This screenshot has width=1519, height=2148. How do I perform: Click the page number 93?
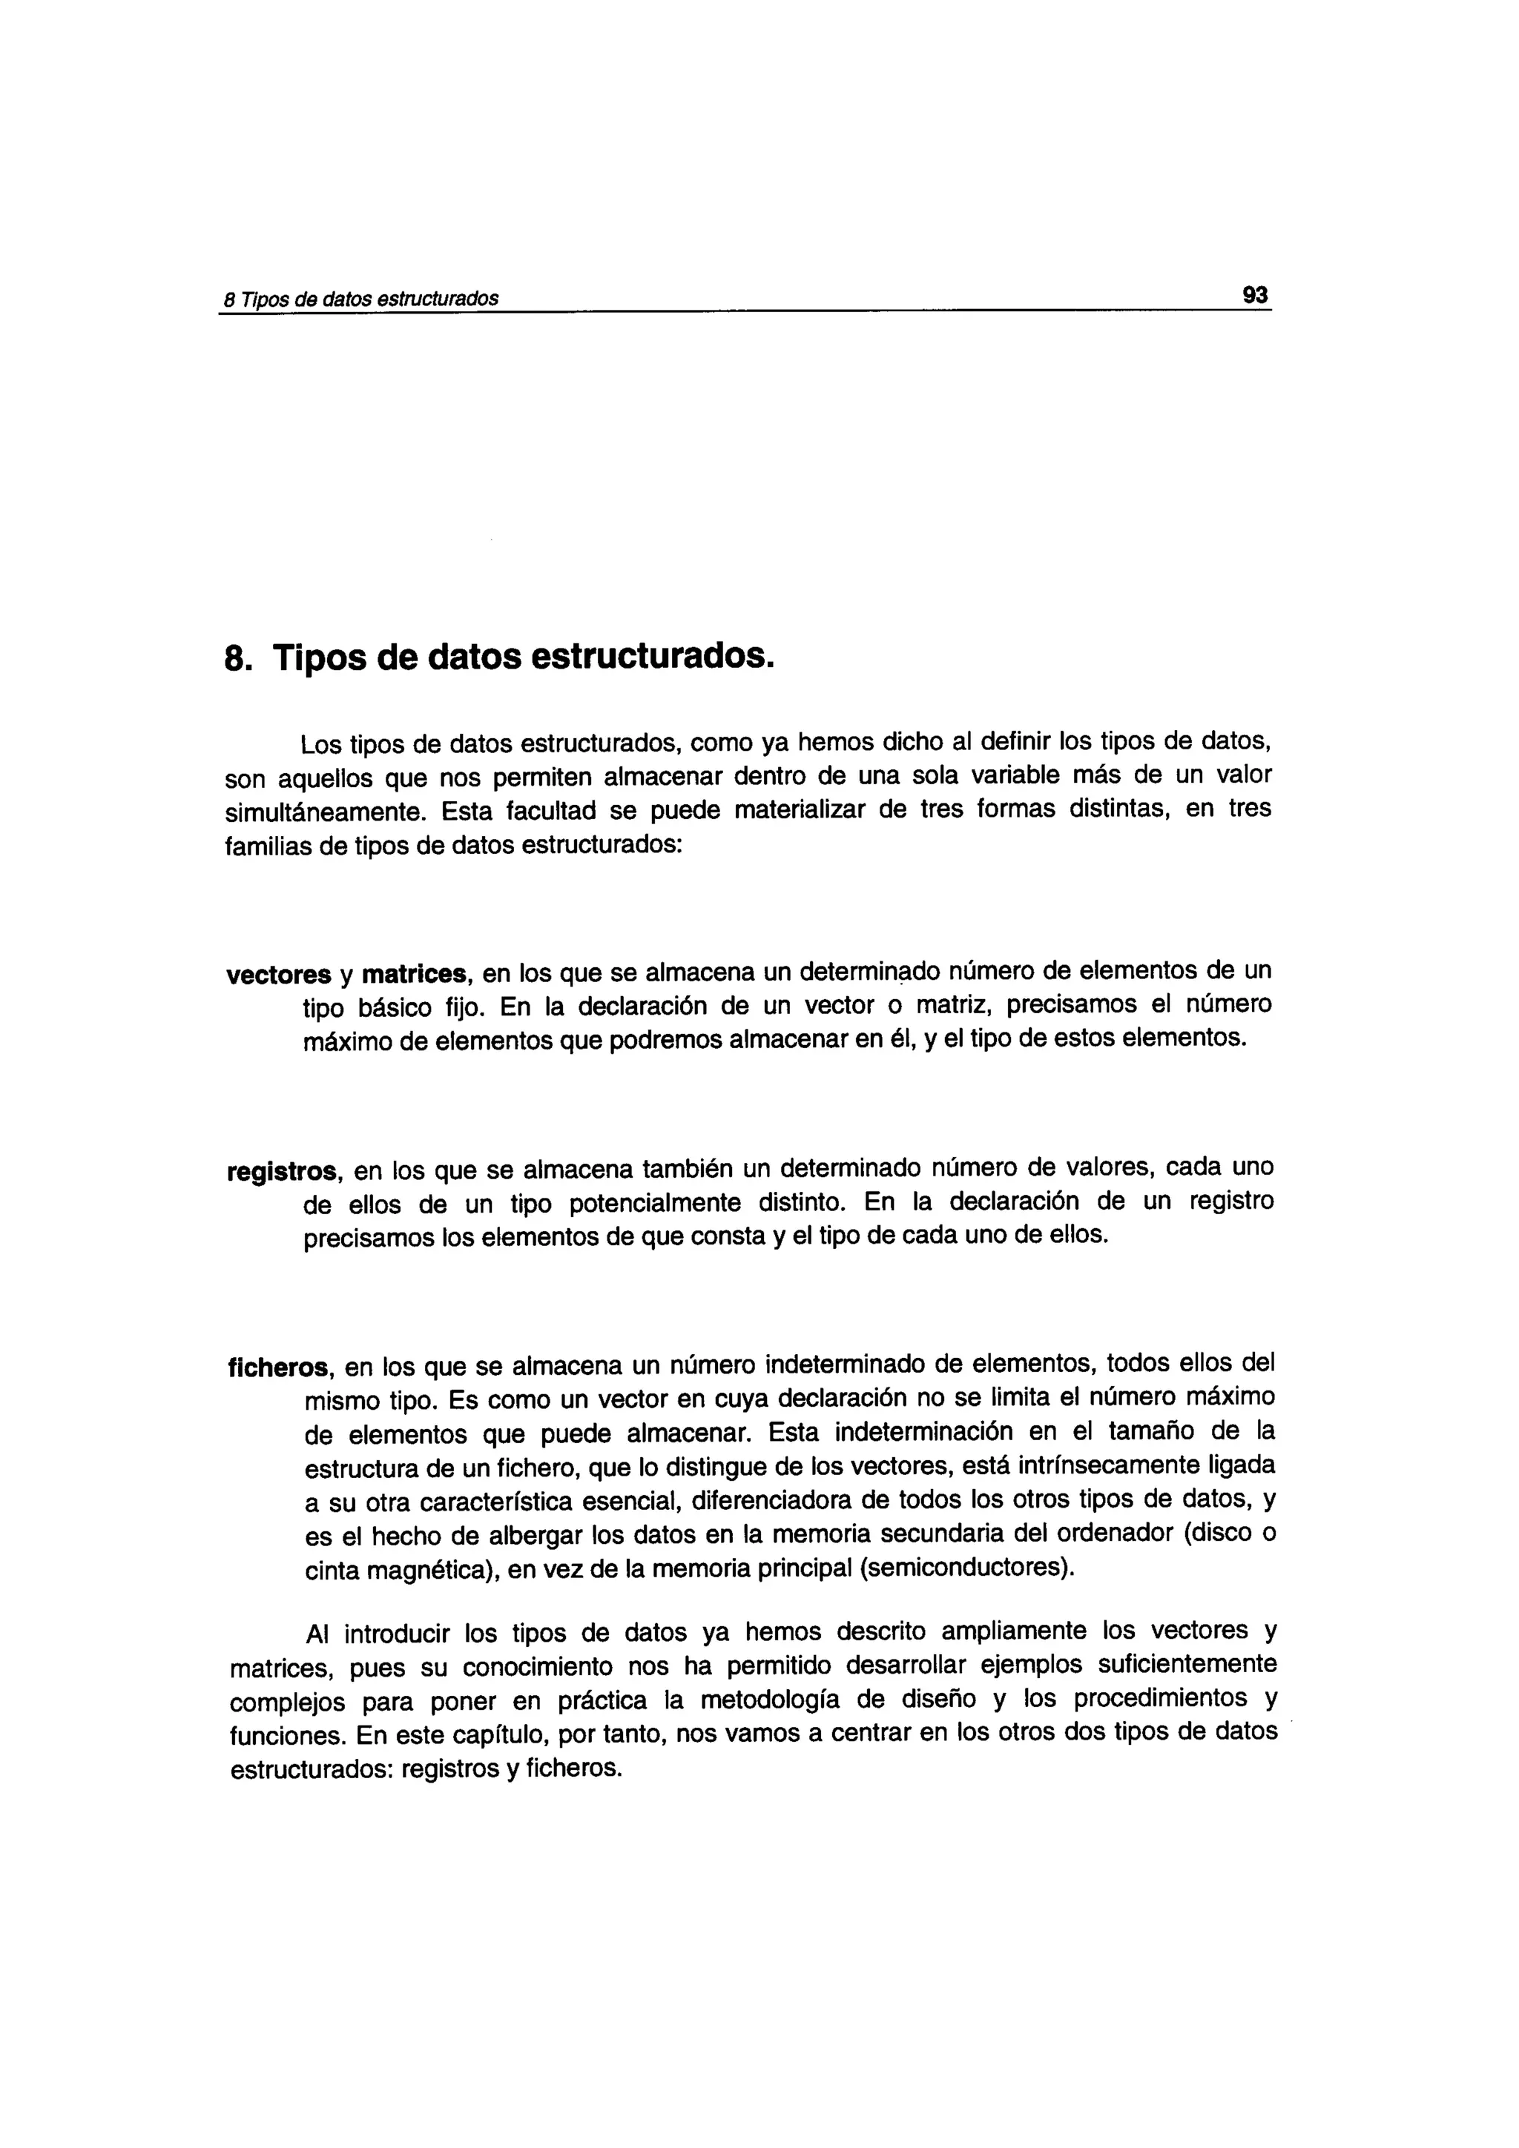pos(1254,296)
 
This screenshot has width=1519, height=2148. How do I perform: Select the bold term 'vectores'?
pos(278,975)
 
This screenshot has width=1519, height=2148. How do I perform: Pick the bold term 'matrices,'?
pos(417,975)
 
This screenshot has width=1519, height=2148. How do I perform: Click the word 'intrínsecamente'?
pos(1068,1467)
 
